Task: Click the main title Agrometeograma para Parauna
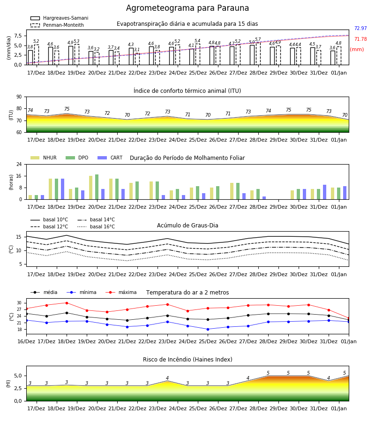(x=187, y=8)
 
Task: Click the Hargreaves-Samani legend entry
(x=60, y=18)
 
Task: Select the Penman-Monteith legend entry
(x=57, y=25)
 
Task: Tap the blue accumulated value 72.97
(x=360, y=28)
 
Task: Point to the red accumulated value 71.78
(x=360, y=39)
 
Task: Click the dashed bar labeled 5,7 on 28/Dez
(x=258, y=53)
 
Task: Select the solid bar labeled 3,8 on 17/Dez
(x=30, y=58)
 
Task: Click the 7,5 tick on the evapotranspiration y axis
(x=17, y=36)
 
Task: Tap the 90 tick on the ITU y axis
(x=19, y=97)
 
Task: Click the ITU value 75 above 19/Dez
(x=67, y=109)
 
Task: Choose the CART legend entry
(x=110, y=158)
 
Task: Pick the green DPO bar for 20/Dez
(x=97, y=187)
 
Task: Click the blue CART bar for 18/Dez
(x=62, y=189)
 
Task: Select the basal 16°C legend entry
(x=96, y=226)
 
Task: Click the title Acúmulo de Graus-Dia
(x=187, y=225)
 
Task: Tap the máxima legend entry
(x=121, y=292)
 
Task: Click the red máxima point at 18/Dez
(x=67, y=303)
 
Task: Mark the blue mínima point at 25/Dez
(x=208, y=329)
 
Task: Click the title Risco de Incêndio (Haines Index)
(x=187, y=360)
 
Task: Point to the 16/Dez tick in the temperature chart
(x=26, y=341)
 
